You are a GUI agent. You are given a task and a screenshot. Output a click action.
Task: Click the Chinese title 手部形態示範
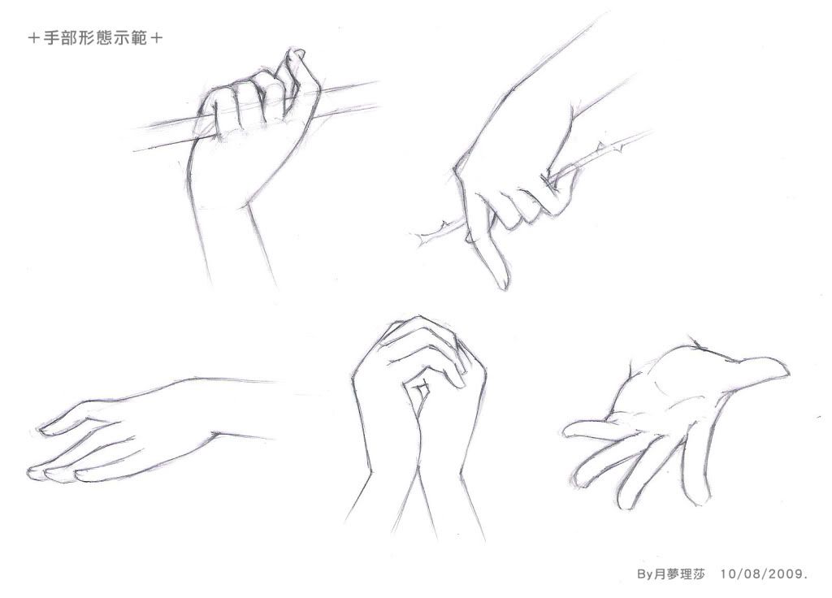pyautogui.click(x=96, y=38)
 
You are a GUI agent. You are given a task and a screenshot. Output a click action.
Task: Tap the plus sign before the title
pyautogui.click(x=34, y=38)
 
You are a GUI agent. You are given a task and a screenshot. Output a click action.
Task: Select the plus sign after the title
pyautogui.click(x=157, y=38)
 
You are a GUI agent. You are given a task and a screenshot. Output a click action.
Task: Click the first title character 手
pyautogui.click(x=52, y=38)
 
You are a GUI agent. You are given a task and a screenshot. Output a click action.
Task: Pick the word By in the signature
pyautogui.click(x=644, y=574)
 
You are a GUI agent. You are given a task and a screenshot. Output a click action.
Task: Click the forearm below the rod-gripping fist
pyautogui.click(x=233, y=239)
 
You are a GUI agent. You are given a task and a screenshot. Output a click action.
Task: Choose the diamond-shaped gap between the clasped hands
pyautogui.click(x=422, y=391)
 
